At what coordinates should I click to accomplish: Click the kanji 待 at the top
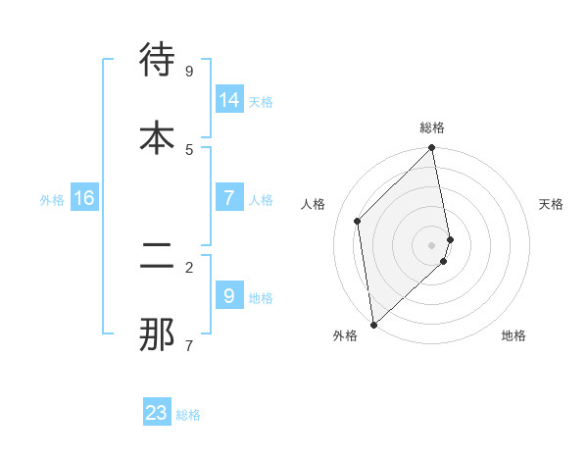point(157,60)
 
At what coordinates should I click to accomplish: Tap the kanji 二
point(157,257)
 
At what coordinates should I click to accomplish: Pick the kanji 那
point(157,334)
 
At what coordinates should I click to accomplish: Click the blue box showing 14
point(229,99)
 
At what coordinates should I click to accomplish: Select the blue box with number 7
point(229,197)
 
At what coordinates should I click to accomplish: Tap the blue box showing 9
point(229,295)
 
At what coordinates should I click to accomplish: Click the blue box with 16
point(84,197)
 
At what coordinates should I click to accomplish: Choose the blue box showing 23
point(157,413)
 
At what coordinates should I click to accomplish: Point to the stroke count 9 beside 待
point(189,71)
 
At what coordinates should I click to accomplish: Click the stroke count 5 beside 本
point(189,149)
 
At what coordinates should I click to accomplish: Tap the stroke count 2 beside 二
point(189,267)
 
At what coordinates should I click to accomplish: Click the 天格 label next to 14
point(261,101)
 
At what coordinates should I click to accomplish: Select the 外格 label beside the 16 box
point(52,199)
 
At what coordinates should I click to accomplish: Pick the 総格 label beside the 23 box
point(188,415)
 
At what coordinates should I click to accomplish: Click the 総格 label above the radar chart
point(432,128)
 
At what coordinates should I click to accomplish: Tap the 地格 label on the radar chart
point(514,335)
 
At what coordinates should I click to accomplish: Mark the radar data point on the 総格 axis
point(432,149)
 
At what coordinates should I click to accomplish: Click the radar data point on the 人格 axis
point(358,221)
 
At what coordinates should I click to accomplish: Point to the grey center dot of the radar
point(432,244)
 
